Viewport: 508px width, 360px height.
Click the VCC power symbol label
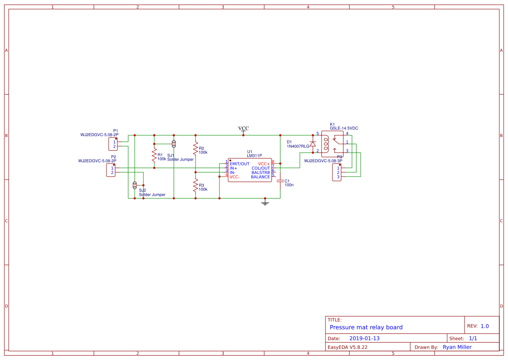pyautogui.click(x=243, y=128)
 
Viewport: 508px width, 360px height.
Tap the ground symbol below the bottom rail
pyautogui.click(x=265, y=202)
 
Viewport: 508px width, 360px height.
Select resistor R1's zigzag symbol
pyautogui.click(x=154, y=155)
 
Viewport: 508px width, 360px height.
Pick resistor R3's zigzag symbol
pyautogui.click(x=196, y=186)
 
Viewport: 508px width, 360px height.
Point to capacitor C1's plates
pyautogui.click(x=280, y=180)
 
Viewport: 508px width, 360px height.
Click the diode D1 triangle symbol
pyautogui.click(x=312, y=144)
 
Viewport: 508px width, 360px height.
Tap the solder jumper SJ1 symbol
pyautogui.click(x=174, y=143)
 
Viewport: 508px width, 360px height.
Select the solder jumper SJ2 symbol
pyautogui.click(x=135, y=185)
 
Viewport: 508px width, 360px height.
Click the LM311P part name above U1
pyautogui.click(x=254, y=155)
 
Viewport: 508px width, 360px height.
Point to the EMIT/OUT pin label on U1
pyautogui.click(x=240, y=164)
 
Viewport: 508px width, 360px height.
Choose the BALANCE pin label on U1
pyautogui.click(x=260, y=177)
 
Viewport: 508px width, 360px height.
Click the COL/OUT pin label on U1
pyautogui.click(x=261, y=168)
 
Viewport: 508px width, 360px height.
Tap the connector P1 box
pyautogui.click(x=113, y=144)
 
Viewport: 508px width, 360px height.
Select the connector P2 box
pyautogui.click(x=111, y=170)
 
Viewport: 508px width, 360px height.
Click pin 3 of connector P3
pyautogui.click(x=338, y=177)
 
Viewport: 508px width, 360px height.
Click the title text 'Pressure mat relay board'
pyautogui.click(x=366, y=327)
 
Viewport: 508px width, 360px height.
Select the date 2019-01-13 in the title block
pyautogui.click(x=364, y=338)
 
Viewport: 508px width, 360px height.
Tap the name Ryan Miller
pyautogui.click(x=457, y=347)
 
